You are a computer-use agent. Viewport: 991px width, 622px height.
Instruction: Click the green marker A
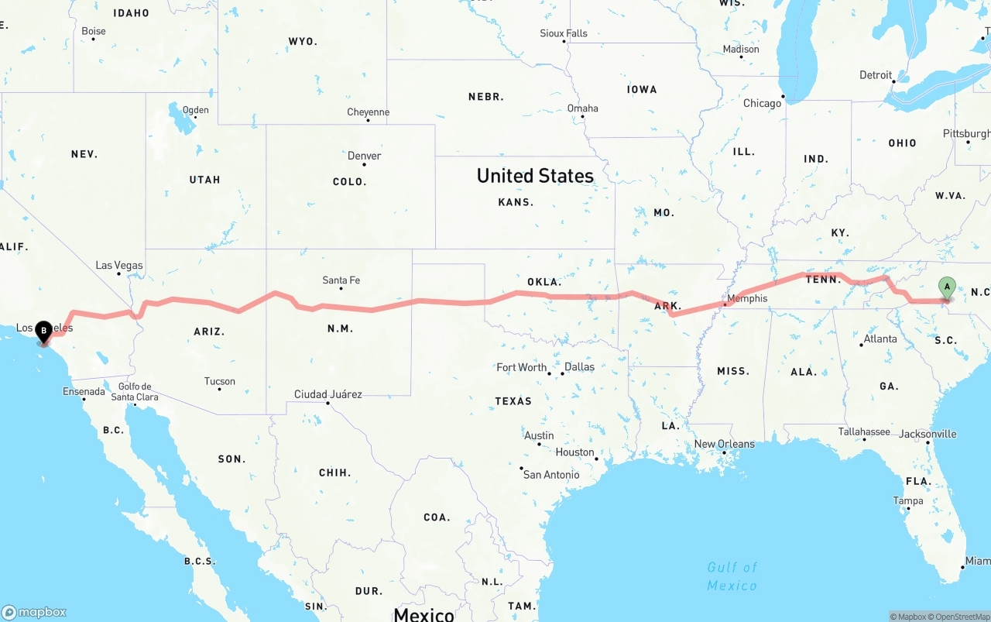click(946, 287)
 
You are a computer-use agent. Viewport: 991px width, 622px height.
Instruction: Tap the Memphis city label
click(747, 298)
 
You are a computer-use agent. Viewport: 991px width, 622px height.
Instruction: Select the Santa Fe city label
click(341, 280)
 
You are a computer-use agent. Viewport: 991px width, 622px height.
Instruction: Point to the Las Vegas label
click(119, 266)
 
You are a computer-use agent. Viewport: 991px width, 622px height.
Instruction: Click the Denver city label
click(364, 156)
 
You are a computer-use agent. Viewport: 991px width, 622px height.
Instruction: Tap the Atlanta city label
click(880, 338)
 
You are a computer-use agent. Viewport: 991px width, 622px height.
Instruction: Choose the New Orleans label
click(724, 444)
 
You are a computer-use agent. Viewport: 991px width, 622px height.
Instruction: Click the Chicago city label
click(763, 103)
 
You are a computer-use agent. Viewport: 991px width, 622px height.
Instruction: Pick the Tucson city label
click(220, 381)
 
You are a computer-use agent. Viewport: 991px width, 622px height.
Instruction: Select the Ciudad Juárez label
click(327, 394)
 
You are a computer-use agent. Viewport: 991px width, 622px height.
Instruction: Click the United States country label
click(535, 176)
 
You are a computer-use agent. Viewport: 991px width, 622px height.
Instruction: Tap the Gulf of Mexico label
click(732, 576)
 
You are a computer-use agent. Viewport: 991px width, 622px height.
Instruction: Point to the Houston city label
click(574, 452)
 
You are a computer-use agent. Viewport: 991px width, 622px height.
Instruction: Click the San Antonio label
click(551, 474)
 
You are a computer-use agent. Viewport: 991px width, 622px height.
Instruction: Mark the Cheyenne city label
click(369, 112)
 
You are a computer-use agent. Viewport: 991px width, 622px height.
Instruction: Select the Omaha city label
click(582, 108)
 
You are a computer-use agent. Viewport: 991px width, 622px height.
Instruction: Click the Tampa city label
click(908, 501)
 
